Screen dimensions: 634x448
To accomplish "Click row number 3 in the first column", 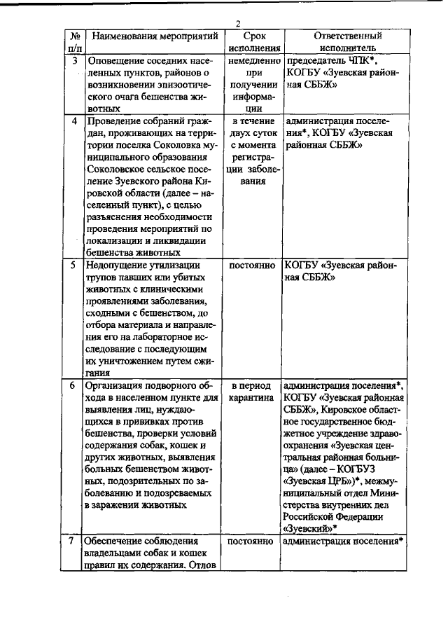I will point(76,60).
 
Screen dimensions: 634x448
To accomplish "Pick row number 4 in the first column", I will point(76,120).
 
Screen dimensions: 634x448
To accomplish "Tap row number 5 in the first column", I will point(76,266).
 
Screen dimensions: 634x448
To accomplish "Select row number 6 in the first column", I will point(76,385).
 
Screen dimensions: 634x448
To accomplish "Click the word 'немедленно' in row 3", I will point(254,60).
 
